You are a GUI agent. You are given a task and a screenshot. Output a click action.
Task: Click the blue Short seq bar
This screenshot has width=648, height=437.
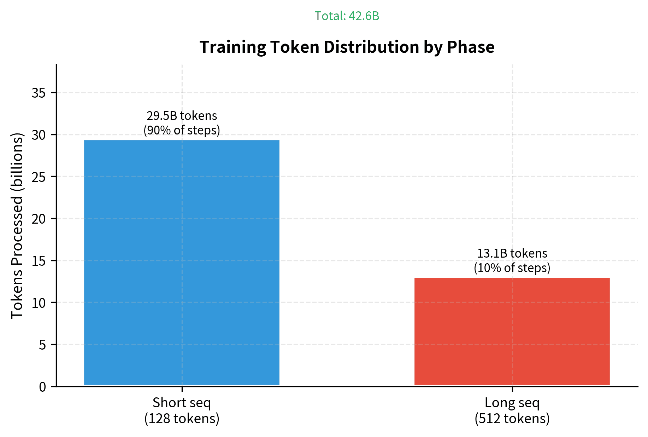182,262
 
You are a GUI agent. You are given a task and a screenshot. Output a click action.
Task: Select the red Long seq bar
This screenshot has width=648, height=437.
512,331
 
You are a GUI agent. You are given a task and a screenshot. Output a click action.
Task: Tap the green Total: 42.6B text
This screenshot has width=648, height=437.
347,16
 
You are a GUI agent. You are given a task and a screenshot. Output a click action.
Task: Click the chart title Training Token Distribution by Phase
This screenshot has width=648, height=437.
347,47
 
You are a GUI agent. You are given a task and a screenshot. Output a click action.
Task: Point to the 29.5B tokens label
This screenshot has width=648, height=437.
182,116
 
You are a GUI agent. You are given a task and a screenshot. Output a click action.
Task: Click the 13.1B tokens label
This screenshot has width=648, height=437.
512,253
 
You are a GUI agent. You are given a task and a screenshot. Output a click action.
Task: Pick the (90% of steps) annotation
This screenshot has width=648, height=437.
182,130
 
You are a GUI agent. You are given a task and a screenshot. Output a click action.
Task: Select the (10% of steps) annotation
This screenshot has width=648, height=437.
512,268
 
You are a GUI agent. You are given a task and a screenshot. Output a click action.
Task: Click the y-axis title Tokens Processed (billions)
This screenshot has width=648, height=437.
17,225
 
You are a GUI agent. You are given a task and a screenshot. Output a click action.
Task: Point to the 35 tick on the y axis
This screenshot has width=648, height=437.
39,93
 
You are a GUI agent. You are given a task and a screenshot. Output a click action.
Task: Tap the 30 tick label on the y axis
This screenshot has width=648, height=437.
39,135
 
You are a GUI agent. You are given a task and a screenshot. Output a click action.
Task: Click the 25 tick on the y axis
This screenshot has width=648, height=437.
39,177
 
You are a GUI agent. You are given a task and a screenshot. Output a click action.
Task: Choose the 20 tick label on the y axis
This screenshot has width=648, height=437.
39,219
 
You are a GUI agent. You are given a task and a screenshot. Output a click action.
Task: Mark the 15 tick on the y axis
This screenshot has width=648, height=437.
39,261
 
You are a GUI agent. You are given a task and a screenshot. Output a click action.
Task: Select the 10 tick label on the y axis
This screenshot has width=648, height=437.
39,303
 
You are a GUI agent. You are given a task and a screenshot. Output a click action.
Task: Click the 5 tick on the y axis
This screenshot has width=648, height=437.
42,345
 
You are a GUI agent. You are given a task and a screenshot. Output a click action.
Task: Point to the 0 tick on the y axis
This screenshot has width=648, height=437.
42,387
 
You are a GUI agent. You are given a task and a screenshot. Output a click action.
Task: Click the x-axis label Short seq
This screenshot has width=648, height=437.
182,403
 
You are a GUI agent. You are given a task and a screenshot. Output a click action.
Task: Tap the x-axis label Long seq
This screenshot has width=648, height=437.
512,403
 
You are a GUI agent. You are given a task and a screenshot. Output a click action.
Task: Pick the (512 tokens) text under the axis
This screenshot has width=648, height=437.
512,419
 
